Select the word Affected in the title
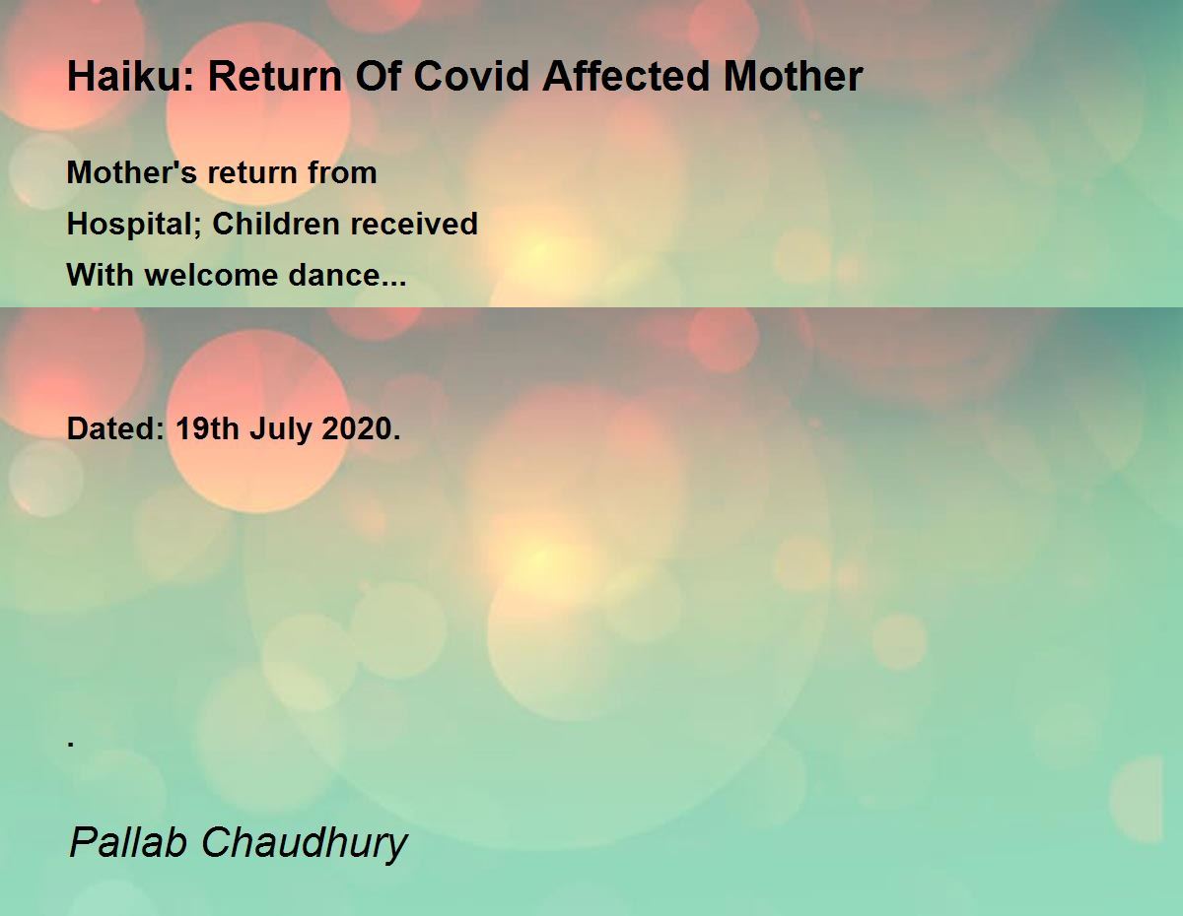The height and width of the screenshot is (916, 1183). [x=626, y=76]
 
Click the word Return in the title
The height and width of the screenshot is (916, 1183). [x=275, y=76]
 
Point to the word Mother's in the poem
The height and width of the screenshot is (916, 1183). [x=132, y=173]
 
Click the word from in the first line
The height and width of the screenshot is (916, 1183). [x=342, y=173]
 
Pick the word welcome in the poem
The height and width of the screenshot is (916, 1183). [x=211, y=275]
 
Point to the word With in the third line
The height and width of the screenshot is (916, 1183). [x=101, y=275]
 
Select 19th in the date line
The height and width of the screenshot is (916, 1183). [x=207, y=428]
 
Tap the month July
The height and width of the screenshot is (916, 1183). [x=280, y=429]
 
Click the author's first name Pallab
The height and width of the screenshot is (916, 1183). [x=129, y=842]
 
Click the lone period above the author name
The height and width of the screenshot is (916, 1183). [x=71, y=744]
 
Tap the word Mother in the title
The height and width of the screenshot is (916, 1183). [x=794, y=76]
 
